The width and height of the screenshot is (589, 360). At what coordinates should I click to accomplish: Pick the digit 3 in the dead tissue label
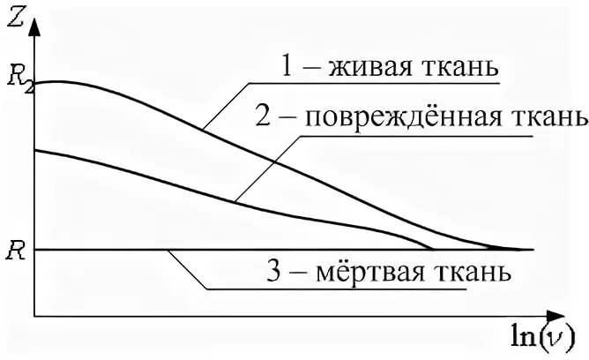coord(272,270)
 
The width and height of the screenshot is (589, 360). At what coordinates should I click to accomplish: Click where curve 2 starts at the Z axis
coord(35,150)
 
